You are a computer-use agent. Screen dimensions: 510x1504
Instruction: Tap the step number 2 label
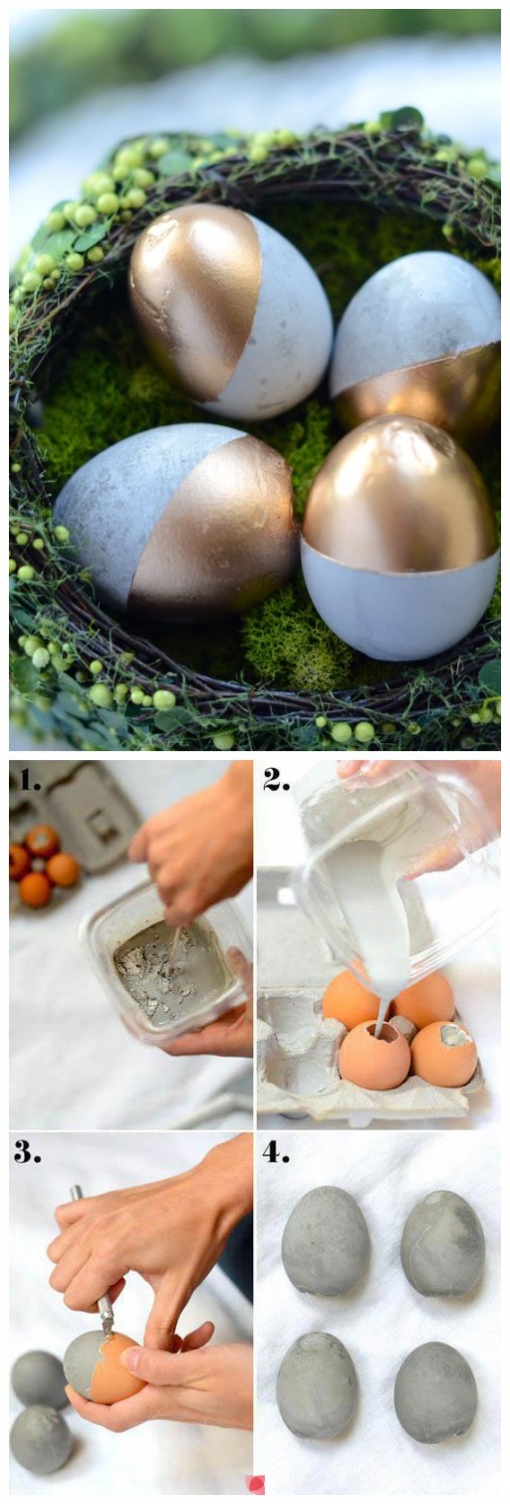click(x=276, y=779)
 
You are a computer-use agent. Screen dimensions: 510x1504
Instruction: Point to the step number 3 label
click(x=28, y=1151)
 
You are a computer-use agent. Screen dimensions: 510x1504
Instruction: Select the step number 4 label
click(x=276, y=1151)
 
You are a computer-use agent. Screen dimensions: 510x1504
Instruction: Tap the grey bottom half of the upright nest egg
click(x=400, y=599)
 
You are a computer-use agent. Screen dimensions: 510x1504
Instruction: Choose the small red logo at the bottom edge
click(x=254, y=1496)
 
